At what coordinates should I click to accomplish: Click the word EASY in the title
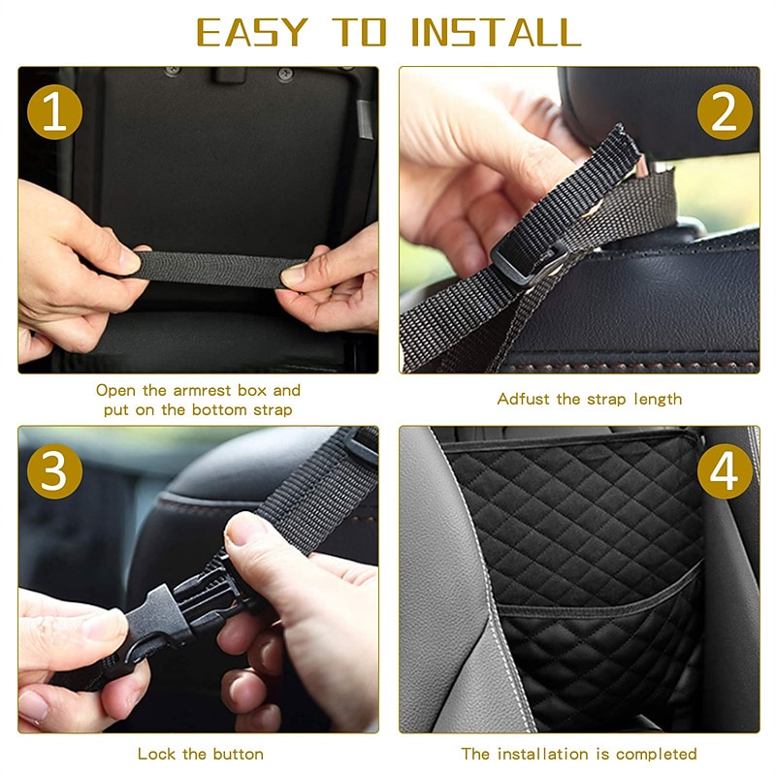(x=252, y=33)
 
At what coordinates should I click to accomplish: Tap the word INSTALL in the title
(x=496, y=33)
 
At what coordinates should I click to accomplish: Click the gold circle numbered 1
(x=54, y=112)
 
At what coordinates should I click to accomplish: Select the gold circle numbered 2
(x=725, y=112)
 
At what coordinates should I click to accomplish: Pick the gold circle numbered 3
(x=54, y=471)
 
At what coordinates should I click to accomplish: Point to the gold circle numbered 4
(x=725, y=471)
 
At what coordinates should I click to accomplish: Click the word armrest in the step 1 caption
(x=202, y=391)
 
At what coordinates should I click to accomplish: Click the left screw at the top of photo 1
(x=173, y=71)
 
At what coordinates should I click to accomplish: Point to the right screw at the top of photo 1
(x=285, y=75)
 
